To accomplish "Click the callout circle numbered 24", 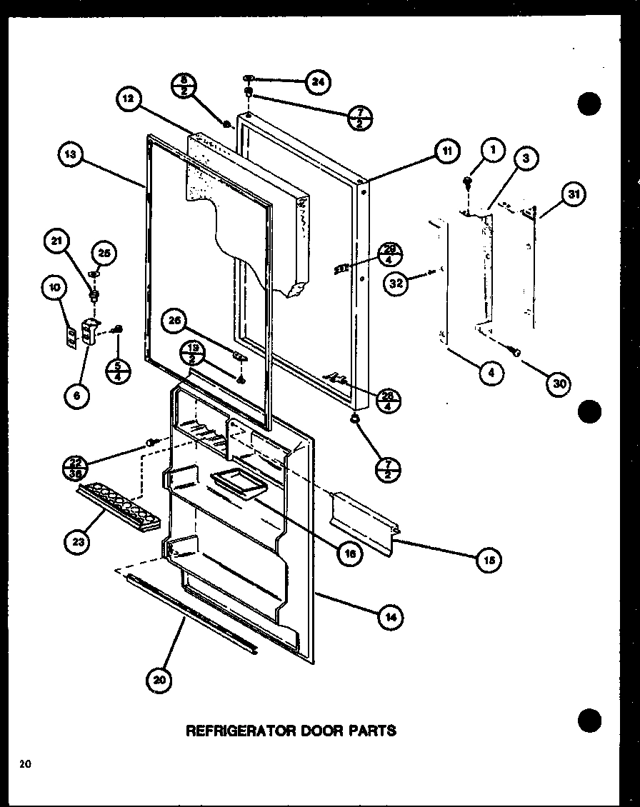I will tap(316, 82).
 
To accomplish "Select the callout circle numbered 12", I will tap(128, 101).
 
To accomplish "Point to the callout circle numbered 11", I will tap(446, 151).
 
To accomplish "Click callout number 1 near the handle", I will tap(492, 150).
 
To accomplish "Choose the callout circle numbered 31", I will tap(572, 193).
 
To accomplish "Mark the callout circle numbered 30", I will tap(559, 384).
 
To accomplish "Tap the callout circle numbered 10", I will tap(54, 288).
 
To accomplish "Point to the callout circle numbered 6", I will tap(76, 394).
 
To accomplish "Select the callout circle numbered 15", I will tap(489, 559).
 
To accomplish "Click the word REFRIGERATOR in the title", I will tap(235, 731).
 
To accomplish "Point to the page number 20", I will tap(26, 765).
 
